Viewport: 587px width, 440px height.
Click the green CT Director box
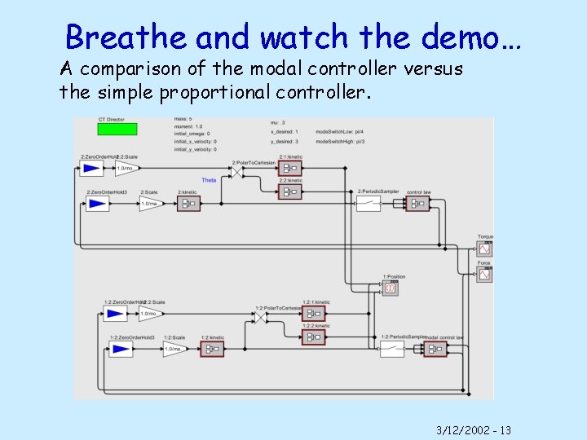[117, 129]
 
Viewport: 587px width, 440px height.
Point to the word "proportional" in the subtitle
[214, 91]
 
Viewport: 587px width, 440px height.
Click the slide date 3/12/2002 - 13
[473, 429]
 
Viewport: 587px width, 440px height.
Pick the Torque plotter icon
[485, 249]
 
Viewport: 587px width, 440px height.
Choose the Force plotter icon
[485, 275]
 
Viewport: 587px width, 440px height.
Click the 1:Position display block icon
[391, 288]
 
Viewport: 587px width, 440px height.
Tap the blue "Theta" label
[209, 180]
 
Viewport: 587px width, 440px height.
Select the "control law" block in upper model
[418, 203]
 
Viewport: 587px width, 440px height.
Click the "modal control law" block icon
[435, 349]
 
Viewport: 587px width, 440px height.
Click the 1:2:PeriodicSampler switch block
[392, 349]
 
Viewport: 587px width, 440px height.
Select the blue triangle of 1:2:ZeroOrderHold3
[121, 349]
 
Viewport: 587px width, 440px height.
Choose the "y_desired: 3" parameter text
[285, 140]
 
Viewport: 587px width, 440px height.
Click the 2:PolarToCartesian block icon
[236, 173]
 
